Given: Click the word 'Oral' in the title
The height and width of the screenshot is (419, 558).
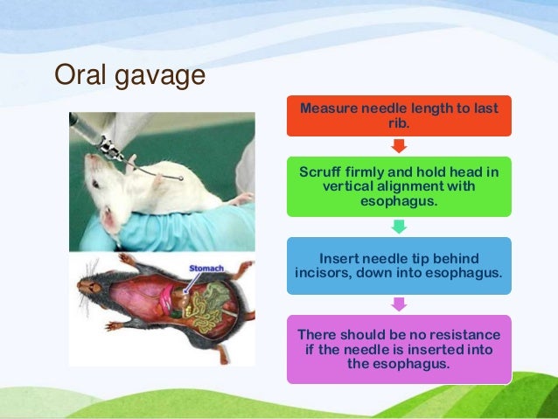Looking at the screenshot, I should point(81,76).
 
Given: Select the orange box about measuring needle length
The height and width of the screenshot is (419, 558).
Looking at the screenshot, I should point(399,115).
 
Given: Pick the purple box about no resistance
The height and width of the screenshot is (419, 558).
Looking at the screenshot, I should point(399,349).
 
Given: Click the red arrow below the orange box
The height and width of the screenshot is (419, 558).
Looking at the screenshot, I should point(399,145).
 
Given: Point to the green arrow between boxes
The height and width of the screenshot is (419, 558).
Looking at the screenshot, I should point(399,227).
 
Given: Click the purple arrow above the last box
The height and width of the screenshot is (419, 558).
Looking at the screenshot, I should point(399,304).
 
